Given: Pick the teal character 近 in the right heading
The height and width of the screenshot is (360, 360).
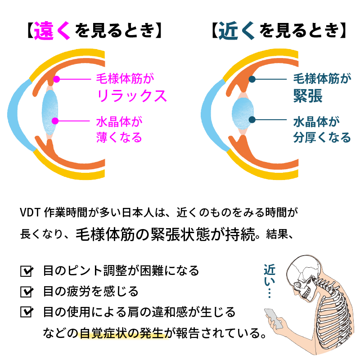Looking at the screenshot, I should [230, 31].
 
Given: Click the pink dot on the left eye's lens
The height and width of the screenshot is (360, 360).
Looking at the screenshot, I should [56, 121].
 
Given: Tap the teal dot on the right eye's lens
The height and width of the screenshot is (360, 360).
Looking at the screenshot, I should [253, 120].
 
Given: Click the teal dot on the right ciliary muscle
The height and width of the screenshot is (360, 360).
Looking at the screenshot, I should [253, 80].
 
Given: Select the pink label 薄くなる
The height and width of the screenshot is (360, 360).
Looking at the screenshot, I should [119, 137].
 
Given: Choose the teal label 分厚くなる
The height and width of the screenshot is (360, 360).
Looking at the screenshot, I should [321, 137].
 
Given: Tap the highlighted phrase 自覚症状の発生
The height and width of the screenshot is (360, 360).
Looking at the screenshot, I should [122, 333].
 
